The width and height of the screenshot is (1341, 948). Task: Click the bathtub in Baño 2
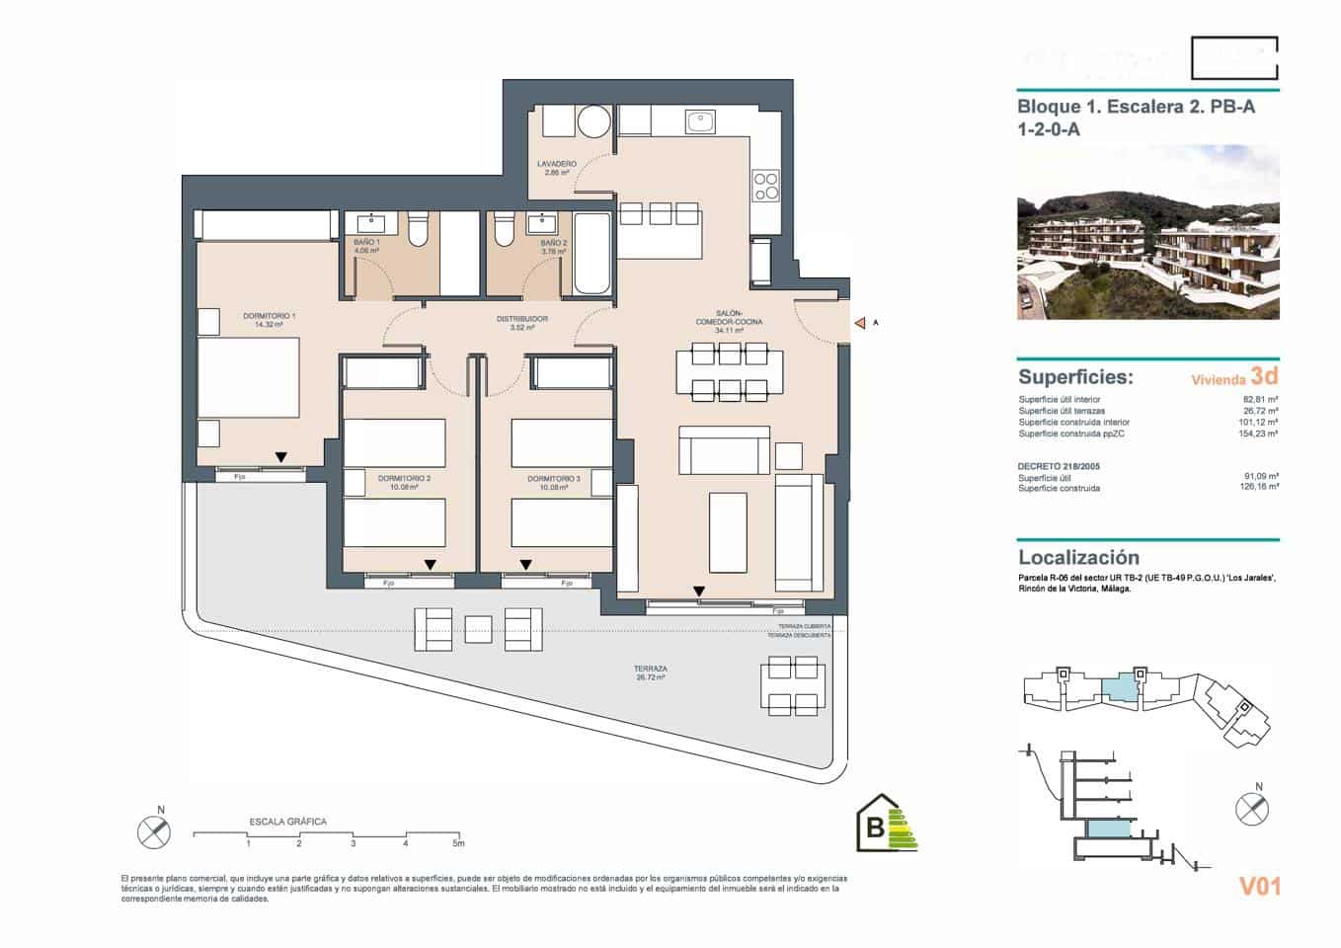pyautogui.click(x=592, y=254)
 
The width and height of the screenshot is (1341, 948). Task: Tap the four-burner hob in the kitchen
pyautogui.click(x=766, y=185)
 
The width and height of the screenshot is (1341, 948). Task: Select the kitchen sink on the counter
pyautogui.click(x=700, y=121)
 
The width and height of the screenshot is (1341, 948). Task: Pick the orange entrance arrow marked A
pyautogui.click(x=860, y=323)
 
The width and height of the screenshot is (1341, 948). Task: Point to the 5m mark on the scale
pyautogui.click(x=457, y=843)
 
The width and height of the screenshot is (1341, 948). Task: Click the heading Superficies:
pyautogui.click(x=1075, y=377)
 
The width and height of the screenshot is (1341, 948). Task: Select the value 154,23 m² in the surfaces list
pyautogui.click(x=1259, y=434)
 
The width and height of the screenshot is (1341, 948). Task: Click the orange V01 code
pyautogui.click(x=1259, y=886)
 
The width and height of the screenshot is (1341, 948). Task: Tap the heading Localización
pyautogui.click(x=1078, y=557)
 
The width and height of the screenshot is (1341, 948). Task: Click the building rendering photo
pyautogui.click(x=1147, y=233)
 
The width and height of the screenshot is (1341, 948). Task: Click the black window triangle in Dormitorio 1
pyautogui.click(x=281, y=457)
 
